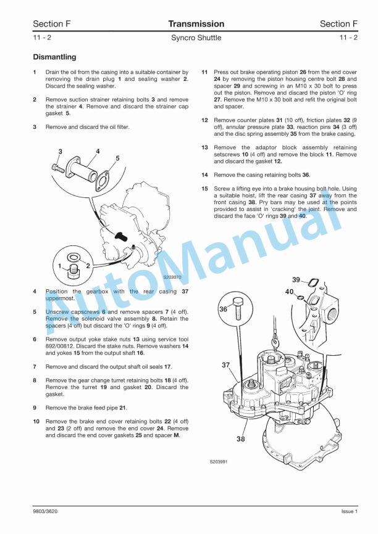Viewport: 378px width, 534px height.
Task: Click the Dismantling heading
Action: tap(54, 57)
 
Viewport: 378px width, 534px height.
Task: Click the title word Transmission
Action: tap(196, 24)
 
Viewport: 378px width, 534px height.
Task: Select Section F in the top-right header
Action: tap(338, 24)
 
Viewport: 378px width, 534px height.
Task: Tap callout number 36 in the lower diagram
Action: tap(223, 309)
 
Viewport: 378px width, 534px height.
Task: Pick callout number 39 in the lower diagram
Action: tap(297, 280)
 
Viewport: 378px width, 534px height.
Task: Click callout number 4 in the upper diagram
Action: tap(98, 151)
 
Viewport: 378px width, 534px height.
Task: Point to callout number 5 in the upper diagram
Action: tap(117, 158)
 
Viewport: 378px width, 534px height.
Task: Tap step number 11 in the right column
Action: tap(204, 72)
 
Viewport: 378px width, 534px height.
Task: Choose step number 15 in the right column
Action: tap(204, 189)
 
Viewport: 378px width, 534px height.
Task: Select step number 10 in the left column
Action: tap(36, 421)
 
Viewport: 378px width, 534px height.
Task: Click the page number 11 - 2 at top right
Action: tap(348, 38)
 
